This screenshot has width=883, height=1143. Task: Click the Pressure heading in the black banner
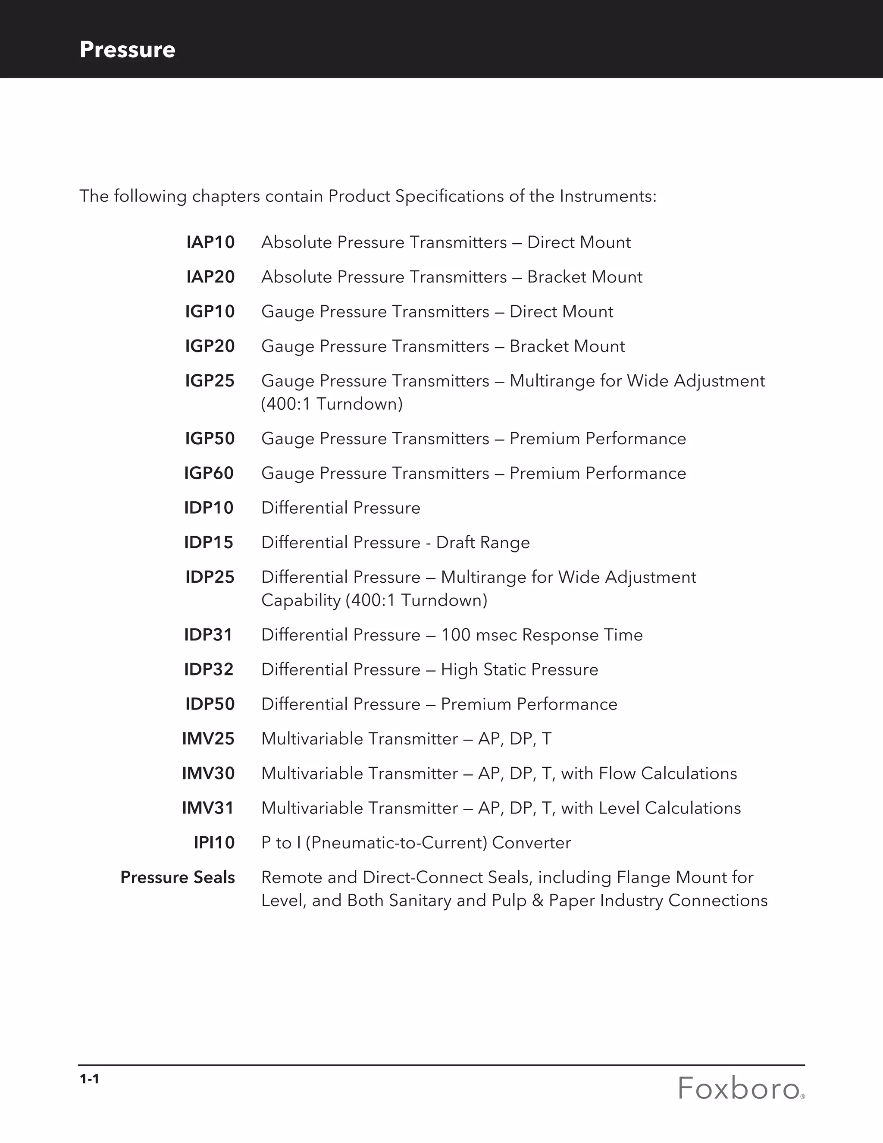click(x=127, y=50)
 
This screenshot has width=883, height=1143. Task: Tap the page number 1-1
click(x=89, y=1079)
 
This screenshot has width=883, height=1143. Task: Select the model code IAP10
click(x=210, y=242)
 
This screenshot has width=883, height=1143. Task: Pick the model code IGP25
click(x=210, y=381)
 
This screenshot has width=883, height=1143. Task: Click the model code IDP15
click(x=208, y=543)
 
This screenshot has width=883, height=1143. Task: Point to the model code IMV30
click(x=208, y=773)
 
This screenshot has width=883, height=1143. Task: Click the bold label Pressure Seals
click(x=177, y=877)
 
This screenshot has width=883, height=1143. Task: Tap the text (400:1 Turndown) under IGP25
click(x=332, y=404)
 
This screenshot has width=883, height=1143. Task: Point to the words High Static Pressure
click(x=519, y=669)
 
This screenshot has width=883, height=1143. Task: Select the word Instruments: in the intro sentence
click(x=607, y=196)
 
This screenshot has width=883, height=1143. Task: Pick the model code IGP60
click(x=208, y=473)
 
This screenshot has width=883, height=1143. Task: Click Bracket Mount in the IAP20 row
click(x=584, y=277)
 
